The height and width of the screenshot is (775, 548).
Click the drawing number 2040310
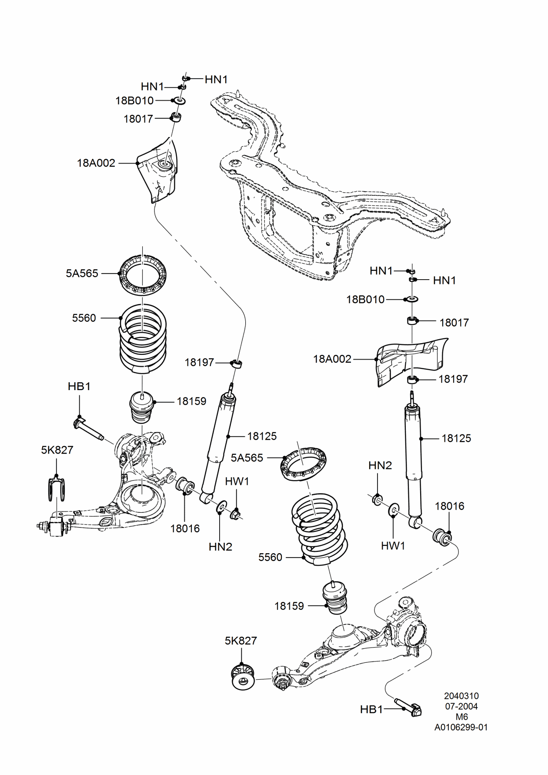(x=461, y=696)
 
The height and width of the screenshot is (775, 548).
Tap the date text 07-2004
(x=461, y=706)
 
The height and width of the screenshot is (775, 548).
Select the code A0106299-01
(x=461, y=727)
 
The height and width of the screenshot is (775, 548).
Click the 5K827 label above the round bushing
(x=241, y=641)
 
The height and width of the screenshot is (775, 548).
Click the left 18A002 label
(x=96, y=163)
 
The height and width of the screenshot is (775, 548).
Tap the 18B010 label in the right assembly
(x=365, y=300)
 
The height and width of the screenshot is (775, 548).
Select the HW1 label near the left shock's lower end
(x=237, y=481)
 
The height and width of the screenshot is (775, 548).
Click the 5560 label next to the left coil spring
(x=84, y=318)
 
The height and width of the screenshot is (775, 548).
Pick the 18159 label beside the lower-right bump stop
(x=289, y=606)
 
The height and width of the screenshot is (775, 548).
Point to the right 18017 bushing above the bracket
(x=412, y=321)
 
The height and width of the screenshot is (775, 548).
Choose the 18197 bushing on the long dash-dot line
(x=237, y=363)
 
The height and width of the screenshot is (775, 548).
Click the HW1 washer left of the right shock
(x=394, y=509)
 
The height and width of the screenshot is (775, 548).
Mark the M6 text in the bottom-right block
(x=461, y=717)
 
